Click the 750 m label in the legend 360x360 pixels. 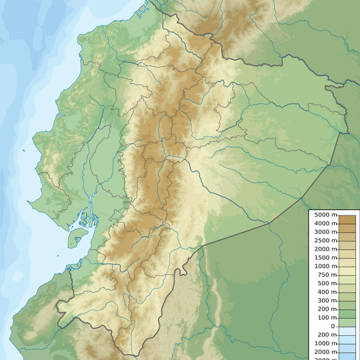326,275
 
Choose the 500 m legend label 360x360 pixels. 326,283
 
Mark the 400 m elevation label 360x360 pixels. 326,292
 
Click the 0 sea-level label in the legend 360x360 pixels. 333,327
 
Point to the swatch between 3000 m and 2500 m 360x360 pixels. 347,236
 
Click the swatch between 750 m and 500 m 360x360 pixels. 347,279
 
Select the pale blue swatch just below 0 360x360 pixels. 347,331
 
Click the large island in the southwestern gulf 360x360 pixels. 78,235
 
